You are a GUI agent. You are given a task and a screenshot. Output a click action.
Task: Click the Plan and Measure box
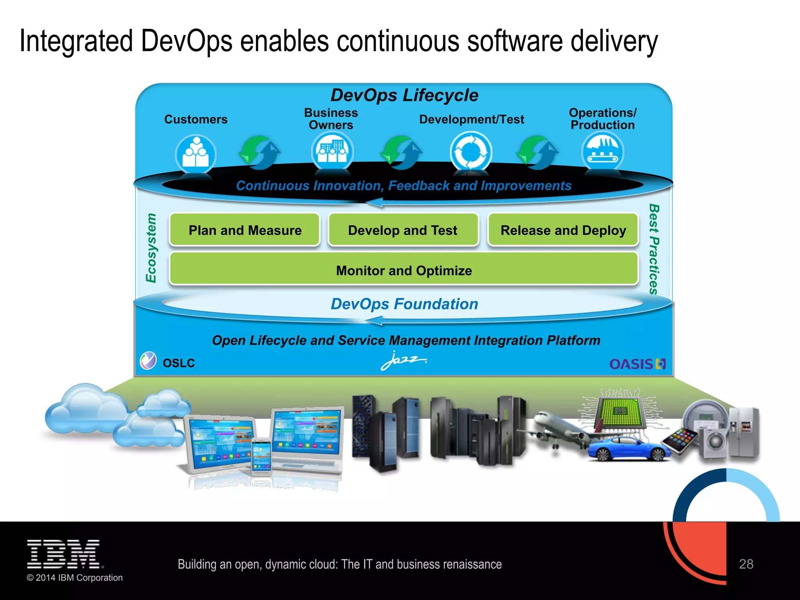pos(245,230)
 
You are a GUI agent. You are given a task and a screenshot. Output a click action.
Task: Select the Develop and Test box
pos(403,230)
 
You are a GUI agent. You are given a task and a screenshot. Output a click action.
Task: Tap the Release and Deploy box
pos(563,230)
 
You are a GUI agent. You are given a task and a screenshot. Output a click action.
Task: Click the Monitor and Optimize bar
pos(404,270)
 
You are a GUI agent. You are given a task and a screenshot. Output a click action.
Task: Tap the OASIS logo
pos(637,364)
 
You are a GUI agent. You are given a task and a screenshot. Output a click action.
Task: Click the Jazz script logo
pos(403,361)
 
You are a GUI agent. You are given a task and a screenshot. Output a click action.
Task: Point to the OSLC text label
pos(179,363)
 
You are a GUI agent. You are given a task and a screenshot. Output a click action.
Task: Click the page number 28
pos(746,564)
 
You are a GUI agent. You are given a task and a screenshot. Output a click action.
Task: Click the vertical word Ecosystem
pos(151,248)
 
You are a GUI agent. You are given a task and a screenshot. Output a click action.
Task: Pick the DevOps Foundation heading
pos(404,304)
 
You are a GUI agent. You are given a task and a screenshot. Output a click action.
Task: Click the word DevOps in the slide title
pos(186,41)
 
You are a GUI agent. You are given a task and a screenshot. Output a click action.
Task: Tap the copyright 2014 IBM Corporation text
pos(75,578)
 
